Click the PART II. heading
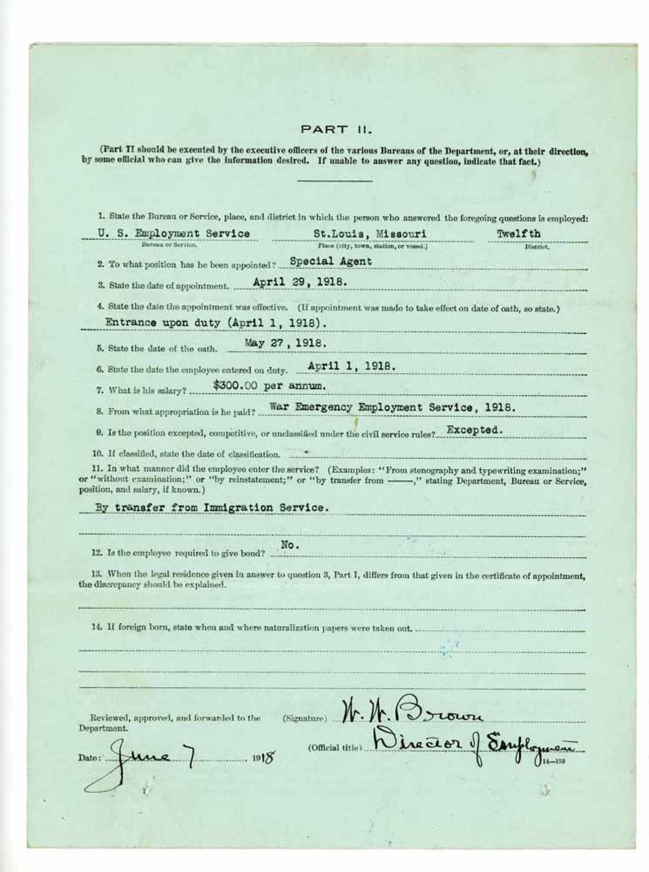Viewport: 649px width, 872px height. (337, 129)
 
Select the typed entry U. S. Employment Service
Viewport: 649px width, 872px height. (173, 233)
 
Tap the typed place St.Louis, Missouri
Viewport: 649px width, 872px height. (370, 234)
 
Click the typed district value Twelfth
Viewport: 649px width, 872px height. (518, 233)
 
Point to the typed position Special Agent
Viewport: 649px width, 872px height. (331, 261)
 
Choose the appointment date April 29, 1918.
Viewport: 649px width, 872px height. (300, 282)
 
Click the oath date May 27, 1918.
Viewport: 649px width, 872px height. (286, 343)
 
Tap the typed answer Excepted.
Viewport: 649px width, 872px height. (475, 430)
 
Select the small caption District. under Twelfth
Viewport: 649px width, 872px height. (537, 247)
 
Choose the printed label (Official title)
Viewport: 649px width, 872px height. (334, 748)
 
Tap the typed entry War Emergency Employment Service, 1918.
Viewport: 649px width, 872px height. (392, 407)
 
